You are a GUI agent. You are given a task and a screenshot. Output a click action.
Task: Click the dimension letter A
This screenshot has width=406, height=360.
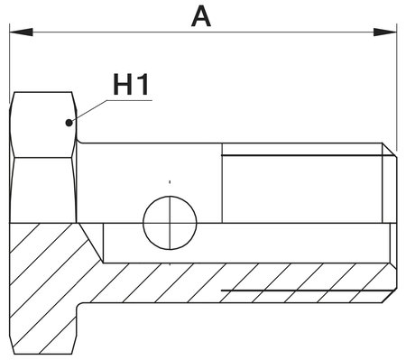coord(202,15)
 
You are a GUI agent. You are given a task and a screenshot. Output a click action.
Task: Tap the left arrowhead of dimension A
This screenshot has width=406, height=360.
coord(18,32)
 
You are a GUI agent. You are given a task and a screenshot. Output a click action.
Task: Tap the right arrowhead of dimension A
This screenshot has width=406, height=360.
coord(389,32)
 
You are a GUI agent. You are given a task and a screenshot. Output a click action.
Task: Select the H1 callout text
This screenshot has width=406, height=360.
coord(131,86)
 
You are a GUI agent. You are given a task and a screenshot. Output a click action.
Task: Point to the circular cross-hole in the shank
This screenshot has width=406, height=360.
coord(170,222)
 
